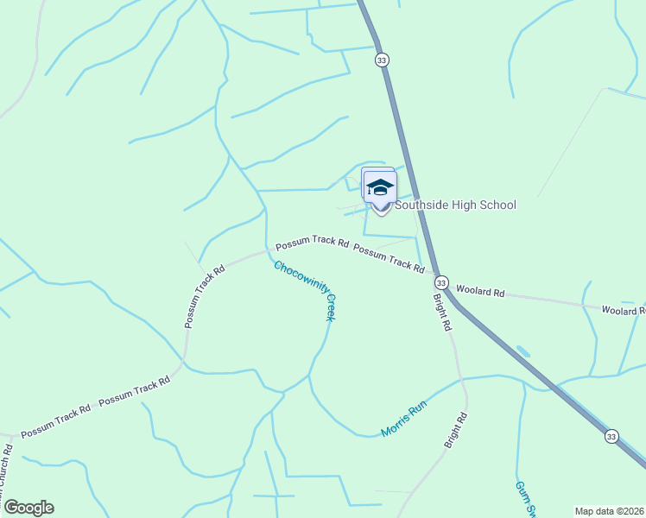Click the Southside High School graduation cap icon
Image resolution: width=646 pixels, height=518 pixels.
coord(380,186)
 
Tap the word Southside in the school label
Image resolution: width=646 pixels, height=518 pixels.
coord(424,205)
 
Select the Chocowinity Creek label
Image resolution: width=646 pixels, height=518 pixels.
coord(303,291)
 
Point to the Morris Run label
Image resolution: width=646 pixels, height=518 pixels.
coord(404,420)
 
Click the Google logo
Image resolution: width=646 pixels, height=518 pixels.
coord(28,508)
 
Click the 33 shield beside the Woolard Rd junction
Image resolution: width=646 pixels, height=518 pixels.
coord(440,283)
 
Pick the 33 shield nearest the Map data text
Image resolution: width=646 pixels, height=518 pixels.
coord(611,437)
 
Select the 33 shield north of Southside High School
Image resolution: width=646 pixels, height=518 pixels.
coord(382,60)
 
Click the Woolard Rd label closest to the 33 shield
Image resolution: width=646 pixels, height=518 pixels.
coord(479,292)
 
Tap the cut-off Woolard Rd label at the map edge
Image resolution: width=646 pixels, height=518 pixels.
coord(623,310)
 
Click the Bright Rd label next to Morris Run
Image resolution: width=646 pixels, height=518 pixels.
coord(456,430)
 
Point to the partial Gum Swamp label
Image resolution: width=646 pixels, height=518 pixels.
coord(526,499)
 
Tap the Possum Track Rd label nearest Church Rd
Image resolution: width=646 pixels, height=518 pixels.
coord(55,420)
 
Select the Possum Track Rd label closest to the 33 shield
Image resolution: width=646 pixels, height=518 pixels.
coord(389,258)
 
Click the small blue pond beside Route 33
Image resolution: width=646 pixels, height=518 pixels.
coord(523,352)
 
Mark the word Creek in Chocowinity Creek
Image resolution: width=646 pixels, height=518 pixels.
coord(329,307)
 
